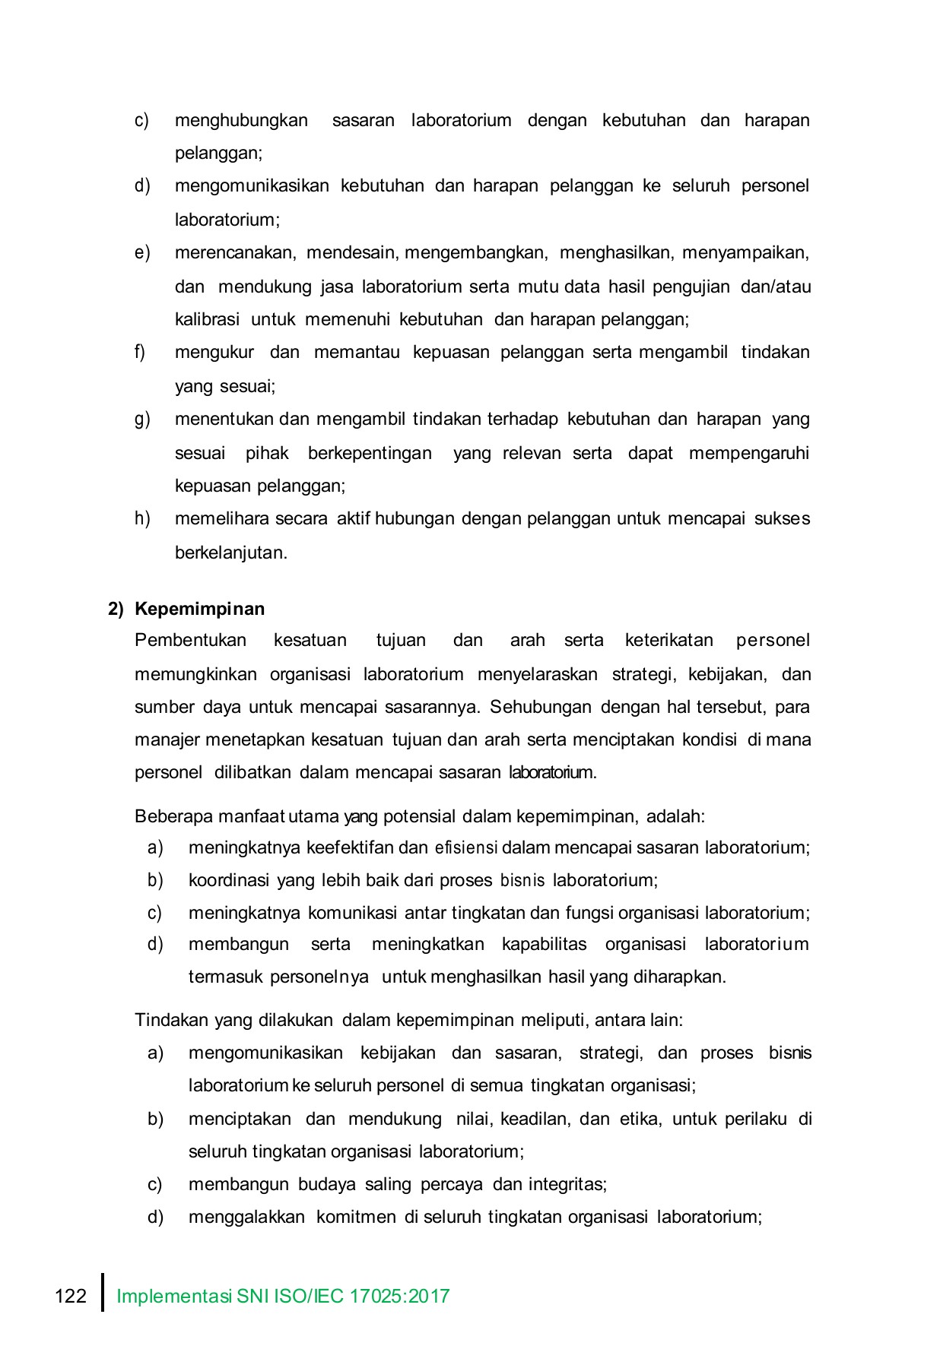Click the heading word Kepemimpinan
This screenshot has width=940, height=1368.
pyautogui.click(x=200, y=609)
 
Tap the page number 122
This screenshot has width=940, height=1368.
pyautogui.click(x=71, y=1296)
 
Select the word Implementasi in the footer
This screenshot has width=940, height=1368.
pyautogui.click(x=174, y=1296)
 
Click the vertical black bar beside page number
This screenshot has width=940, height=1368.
pyautogui.click(x=103, y=1293)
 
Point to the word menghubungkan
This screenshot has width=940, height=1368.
pyautogui.click(x=241, y=120)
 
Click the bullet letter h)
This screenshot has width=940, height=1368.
pyautogui.click(x=142, y=518)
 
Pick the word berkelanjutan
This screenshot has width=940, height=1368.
pyautogui.click(x=230, y=553)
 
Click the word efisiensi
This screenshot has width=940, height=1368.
pyautogui.click(x=466, y=847)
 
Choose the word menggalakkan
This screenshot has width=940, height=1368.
pyautogui.click(x=246, y=1217)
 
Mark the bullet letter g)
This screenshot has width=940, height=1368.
pyautogui.click(x=142, y=420)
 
